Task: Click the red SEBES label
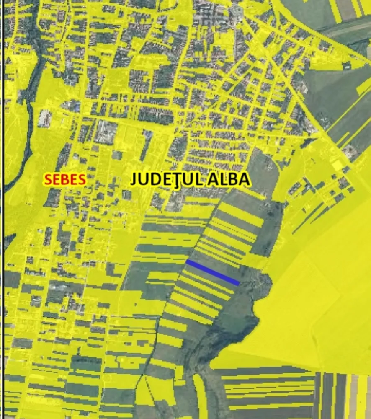pyautogui.click(x=65, y=179)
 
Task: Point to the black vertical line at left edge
pyautogui.click(x=2, y=209)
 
